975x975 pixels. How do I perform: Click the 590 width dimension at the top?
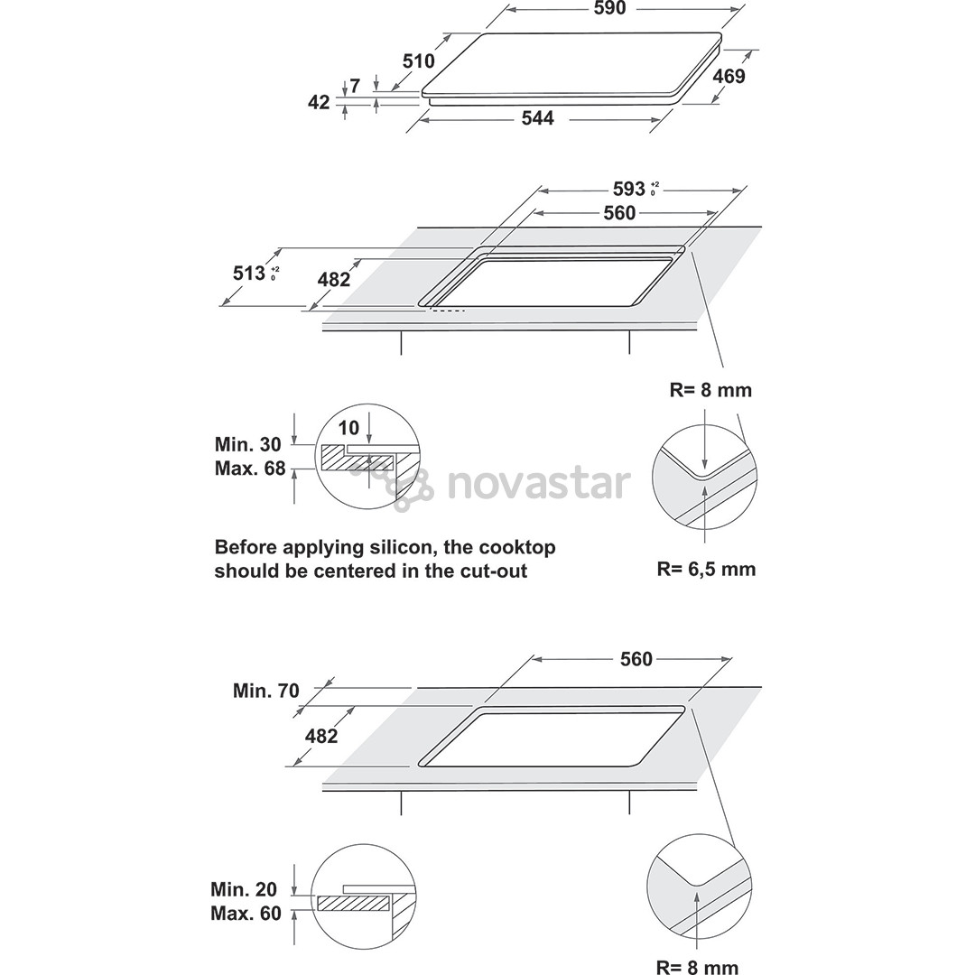[x=609, y=9]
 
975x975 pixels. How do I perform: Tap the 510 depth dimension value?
[x=419, y=61]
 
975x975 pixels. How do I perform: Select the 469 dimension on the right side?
[x=729, y=77]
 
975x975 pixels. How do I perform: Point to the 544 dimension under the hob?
[x=537, y=118]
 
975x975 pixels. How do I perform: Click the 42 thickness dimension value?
[x=319, y=102]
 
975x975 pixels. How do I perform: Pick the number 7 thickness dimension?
[x=355, y=86]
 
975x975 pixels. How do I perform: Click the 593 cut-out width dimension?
[x=628, y=189]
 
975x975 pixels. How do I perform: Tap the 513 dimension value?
[x=249, y=273]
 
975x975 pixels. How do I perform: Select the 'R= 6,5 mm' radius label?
[x=706, y=569]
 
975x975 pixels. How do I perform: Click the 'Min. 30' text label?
[x=247, y=444]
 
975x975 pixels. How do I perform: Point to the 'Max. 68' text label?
[x=250, y=468]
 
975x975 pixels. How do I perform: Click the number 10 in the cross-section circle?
[x=348, y=428]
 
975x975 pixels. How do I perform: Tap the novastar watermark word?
[x=538, y=484]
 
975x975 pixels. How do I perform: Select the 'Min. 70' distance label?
[x=266, y=691]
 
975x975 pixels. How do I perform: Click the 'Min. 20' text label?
[x=244, y=889]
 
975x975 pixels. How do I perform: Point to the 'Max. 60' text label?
[x=246, y=914]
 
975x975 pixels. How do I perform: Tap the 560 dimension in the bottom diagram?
[x=636, y=659]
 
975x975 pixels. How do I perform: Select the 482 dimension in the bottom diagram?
[x=320, y=737]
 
